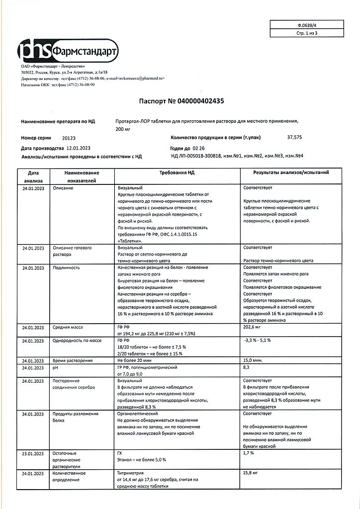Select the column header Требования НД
[x=177, y=172]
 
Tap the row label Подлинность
[x=67, y=267]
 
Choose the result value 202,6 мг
[x=253, y=327]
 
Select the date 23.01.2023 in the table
[x=33, y=453]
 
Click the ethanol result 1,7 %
[x=249, y=453]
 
